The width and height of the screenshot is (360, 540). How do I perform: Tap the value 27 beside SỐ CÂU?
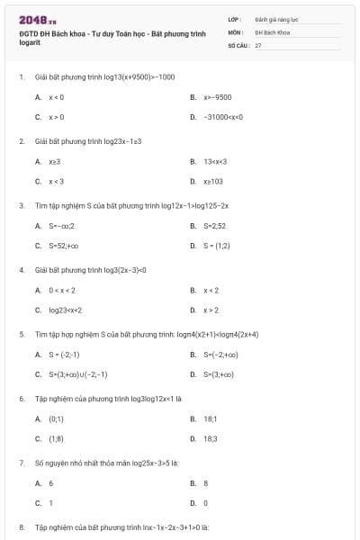point(258,44)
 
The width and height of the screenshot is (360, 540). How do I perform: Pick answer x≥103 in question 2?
point(212,181)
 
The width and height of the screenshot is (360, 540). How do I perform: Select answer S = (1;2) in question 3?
point(217,245)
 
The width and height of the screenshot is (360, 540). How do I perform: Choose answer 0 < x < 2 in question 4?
point(61,290)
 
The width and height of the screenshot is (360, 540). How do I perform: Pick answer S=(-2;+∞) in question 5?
point(220,355)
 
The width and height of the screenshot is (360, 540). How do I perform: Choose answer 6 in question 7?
point(50,483)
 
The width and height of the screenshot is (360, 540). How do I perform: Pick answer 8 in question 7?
point(206,483)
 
